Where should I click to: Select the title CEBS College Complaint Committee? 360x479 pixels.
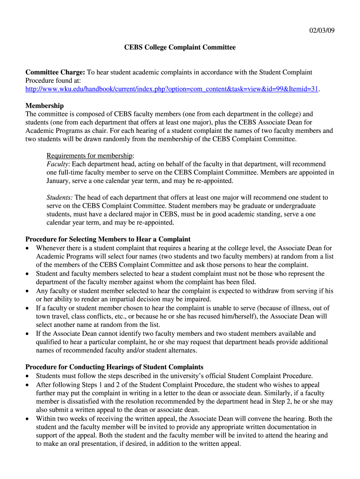180,47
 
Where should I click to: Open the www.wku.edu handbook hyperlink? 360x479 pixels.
172,89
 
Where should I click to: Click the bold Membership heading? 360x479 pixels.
44,106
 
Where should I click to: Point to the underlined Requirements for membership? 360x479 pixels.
90,156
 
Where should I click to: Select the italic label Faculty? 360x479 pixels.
58,164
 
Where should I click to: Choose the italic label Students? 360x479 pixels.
59,197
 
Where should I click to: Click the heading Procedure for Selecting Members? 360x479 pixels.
108,239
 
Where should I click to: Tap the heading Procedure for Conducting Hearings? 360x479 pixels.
114,367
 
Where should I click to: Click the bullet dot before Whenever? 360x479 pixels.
29,248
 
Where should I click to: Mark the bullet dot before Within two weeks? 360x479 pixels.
29,419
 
